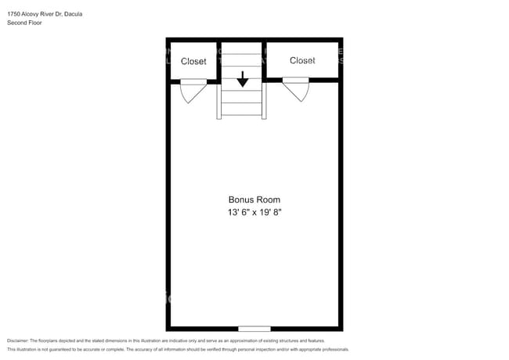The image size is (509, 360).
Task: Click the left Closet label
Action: pyautogui.click(x=193, y=61)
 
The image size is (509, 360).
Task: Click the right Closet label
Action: pyautogui.click(x=302, y=60)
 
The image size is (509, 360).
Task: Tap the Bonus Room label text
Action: pyautogui.click(x=254, y=200)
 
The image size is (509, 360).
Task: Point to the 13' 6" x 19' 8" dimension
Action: pyautogui.click(x=254, y=212)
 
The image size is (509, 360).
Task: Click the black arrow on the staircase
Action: pyautogui.click(x=243, y=78)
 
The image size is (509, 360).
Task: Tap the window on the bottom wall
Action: pyautogui.click(x=254, y=329)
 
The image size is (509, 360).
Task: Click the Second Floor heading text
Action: pyautogui.click(x=24, y=23)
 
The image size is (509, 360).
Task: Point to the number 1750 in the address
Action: pyautogui.click(x=14, y=14)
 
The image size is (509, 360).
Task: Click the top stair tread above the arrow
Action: pyautogui.click(x=243, y=48)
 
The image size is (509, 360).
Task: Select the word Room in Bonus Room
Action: pyautogui.click(x=268, y=200)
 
